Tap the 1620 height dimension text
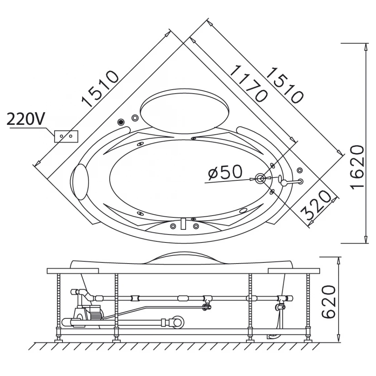coord(357,167)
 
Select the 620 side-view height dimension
coord(328,302)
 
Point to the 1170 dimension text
coord(248,83)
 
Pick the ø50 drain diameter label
coord(225,172)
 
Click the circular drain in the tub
coord(260,178)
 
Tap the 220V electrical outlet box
coord(66,137)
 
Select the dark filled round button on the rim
coord(121,122)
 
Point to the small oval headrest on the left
coord(81,182)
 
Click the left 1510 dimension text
coord(100,89)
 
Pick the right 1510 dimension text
coord(285,86)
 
